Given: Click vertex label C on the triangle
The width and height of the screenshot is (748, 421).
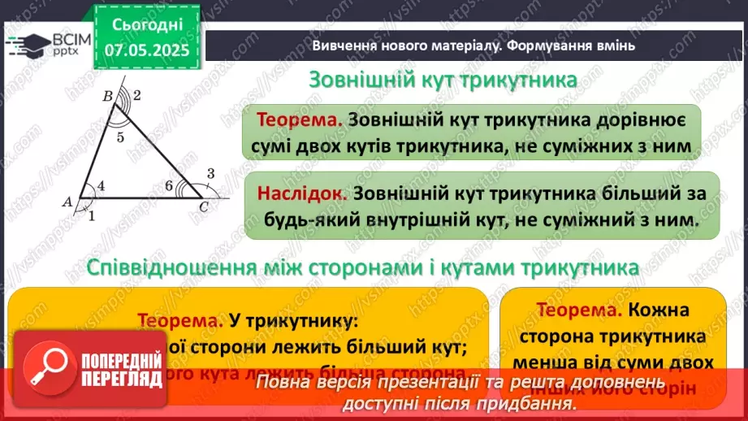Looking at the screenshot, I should [x=204, y=208].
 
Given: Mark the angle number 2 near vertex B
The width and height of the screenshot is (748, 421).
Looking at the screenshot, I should [x=137, y=96].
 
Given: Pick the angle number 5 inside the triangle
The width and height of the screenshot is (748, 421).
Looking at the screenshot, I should [x=120, y=137].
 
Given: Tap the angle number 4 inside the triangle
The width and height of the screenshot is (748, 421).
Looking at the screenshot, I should [x=101, y=186].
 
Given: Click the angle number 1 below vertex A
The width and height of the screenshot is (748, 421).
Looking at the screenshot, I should [x=91, y=215].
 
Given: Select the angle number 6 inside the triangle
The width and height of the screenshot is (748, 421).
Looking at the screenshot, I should [x=169, y=186].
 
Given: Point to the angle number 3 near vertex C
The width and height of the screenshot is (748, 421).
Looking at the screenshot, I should [x=210, y=172].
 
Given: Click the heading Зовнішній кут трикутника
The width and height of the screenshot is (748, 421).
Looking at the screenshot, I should [x=443, y=81].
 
